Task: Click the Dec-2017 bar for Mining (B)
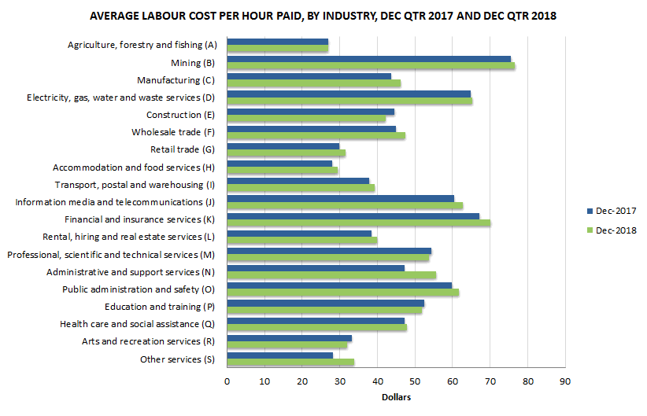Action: pos(368,59)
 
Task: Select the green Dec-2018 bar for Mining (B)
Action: pos(371,66)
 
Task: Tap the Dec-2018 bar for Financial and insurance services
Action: pos(358,223)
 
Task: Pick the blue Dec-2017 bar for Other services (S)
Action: pos(279,355)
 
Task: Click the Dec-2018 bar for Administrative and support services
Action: pos(331,275)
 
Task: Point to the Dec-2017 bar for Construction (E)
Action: pos(310,112)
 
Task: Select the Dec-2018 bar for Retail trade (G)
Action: pos(286,153)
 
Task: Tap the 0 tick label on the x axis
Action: pos(227,382)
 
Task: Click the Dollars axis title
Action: pos(396,397)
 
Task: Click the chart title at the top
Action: pos(323,16)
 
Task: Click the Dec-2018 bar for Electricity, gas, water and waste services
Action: pos(349,101)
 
